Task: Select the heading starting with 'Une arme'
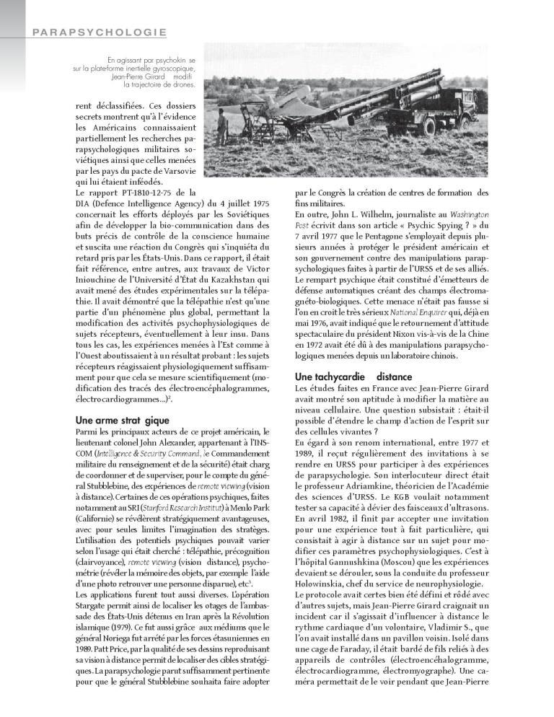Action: click(123, 420)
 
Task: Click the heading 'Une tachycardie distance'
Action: click(353, 377)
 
